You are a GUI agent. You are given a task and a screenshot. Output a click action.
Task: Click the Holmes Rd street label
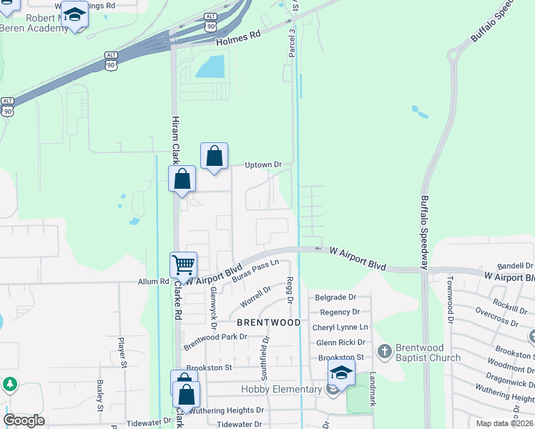pyautogui.click(x=235, y=36)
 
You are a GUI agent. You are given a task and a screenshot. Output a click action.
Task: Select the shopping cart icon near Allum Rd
pyautogui.click(x=184, y=265)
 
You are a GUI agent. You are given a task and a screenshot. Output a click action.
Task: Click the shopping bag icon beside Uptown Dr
pyautogui.click(x=214, y=155)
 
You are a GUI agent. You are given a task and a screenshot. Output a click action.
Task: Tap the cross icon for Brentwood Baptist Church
pyautogui.click(x=385, y=350)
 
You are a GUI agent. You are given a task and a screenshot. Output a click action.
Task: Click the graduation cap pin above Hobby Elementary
pyautogui.click(x=341, y=373)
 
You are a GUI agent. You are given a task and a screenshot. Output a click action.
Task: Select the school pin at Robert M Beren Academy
pyautogui.click(x=74, y=15)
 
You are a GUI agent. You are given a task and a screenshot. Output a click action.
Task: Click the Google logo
pyautogui.click(x=24, y=420)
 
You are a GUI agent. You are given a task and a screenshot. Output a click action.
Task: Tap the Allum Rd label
pyautogui.click(x=154, y=282)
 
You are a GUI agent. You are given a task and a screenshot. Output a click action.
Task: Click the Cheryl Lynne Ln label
pyautogui.click(x=340, y=327)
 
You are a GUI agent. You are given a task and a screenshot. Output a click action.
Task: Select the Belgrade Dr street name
pyautogui.click(x=335, y=297)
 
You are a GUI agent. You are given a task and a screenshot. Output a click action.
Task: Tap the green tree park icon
pyautogui.click(x=9, y=385)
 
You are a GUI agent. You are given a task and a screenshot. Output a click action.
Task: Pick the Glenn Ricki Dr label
pyautogui.click(x=340, y=342)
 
